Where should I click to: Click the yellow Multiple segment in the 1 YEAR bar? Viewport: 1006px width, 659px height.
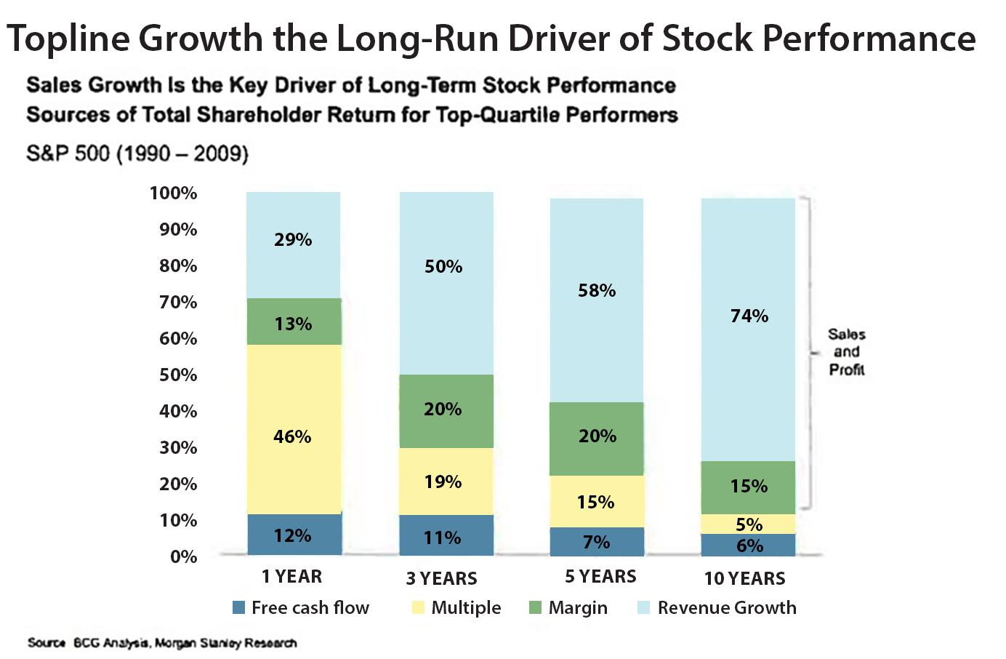(x=294, y=407)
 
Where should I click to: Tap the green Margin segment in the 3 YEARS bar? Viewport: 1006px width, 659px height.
(x=446, y=410)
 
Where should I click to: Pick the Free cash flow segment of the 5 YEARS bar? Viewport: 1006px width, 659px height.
(x=597, y=542)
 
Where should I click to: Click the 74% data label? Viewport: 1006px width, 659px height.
(x=749, y=316)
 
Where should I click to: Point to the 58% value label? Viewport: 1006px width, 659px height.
(x=597, y=290)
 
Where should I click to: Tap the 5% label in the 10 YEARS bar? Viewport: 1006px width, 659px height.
(x=749, y=524)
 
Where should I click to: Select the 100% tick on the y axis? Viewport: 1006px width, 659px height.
(x=174, y=193)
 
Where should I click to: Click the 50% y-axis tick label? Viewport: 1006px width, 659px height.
(x=178, y=375)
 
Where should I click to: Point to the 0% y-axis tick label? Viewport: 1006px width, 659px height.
(x=183, y=556)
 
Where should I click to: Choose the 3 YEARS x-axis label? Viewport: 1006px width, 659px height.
(x=441, y=578)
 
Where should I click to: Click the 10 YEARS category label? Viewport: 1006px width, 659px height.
(x=744, y=578)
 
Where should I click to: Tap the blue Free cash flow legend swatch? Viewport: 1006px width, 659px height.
(x=238, y=607)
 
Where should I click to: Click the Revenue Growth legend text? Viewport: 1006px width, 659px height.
(x=727, y=607)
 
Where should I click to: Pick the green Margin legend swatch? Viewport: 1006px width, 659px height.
(x=536, y=607)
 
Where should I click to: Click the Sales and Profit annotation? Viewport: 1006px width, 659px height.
(x=847, y=352)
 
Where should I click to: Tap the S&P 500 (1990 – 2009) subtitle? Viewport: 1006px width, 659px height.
(x=137, y=154)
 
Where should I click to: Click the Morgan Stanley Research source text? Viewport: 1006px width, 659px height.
(x=225, y=643)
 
